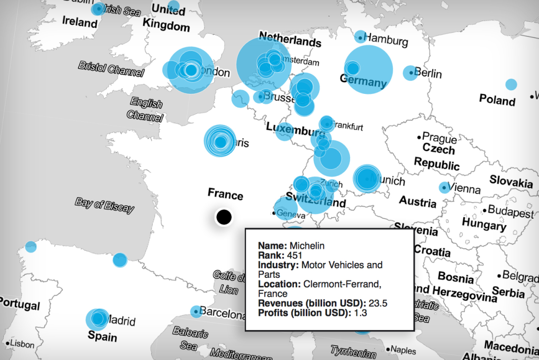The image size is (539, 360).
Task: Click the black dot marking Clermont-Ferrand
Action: pyautogui.click(x=224, y=217)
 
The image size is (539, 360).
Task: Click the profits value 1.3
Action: pyautogui.click(x=360, y=313)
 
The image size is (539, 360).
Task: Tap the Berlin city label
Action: pyautogui.click(x=428, y=73)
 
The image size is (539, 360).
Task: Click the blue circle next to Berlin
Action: pyautogui.click(x=410, y=73)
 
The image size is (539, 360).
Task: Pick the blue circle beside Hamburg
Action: pyautogui.click(x=360, y=37)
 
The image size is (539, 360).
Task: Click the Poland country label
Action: pyautogui.click(x=497, y=100)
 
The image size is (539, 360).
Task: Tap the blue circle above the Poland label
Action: pyautogui.click(x=511, y=84)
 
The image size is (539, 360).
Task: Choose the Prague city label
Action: pyautogui.click(x=439, y=139)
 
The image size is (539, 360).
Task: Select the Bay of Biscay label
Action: pyautogui.click(x=104, y=206)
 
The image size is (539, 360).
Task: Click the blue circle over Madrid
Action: pyautogui.click(x=97, y=318)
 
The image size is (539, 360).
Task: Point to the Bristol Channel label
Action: pyautogui.click(x=111, y=69)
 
